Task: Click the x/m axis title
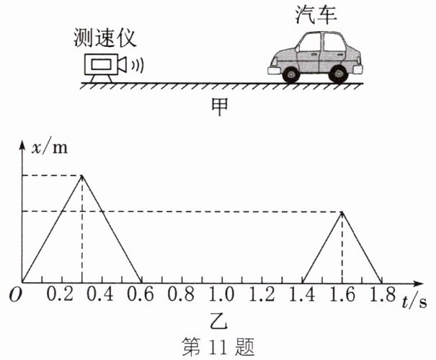pyautogui.click(x=49, y=147)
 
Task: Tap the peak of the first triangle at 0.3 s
pyautogui.click(x=83, y=175)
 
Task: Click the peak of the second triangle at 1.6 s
pyautogui.click(x=342, y=211)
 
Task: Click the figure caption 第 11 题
pyautogui.click(x=218, y=345)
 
